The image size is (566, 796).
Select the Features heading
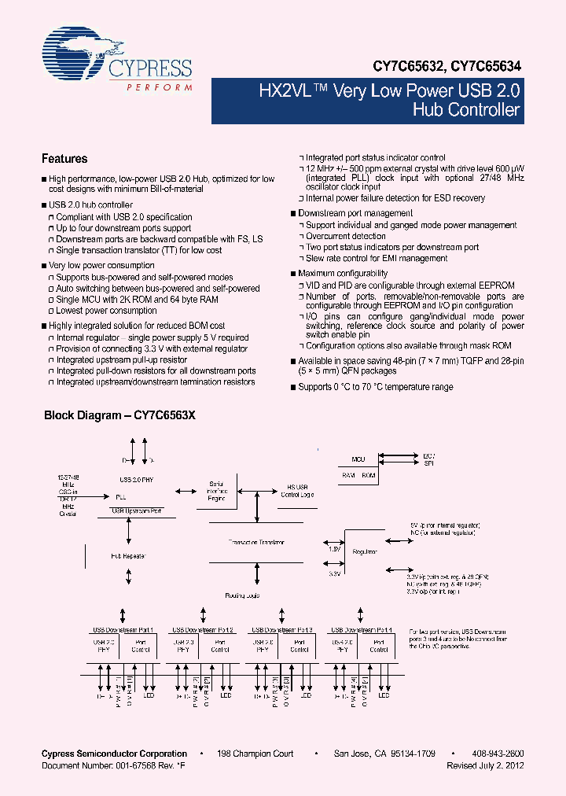click(x=64, y=158)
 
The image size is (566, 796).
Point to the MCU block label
click(x=358, y=458)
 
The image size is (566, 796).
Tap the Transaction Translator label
click(x=256, y=542)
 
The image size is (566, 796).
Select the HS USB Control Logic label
click(x=297, y=490)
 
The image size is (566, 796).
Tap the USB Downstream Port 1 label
click(x=125, y=630)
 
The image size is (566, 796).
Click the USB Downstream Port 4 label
click(x=362, y=630)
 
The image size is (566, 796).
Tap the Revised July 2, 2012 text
click(x=485, y=765)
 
